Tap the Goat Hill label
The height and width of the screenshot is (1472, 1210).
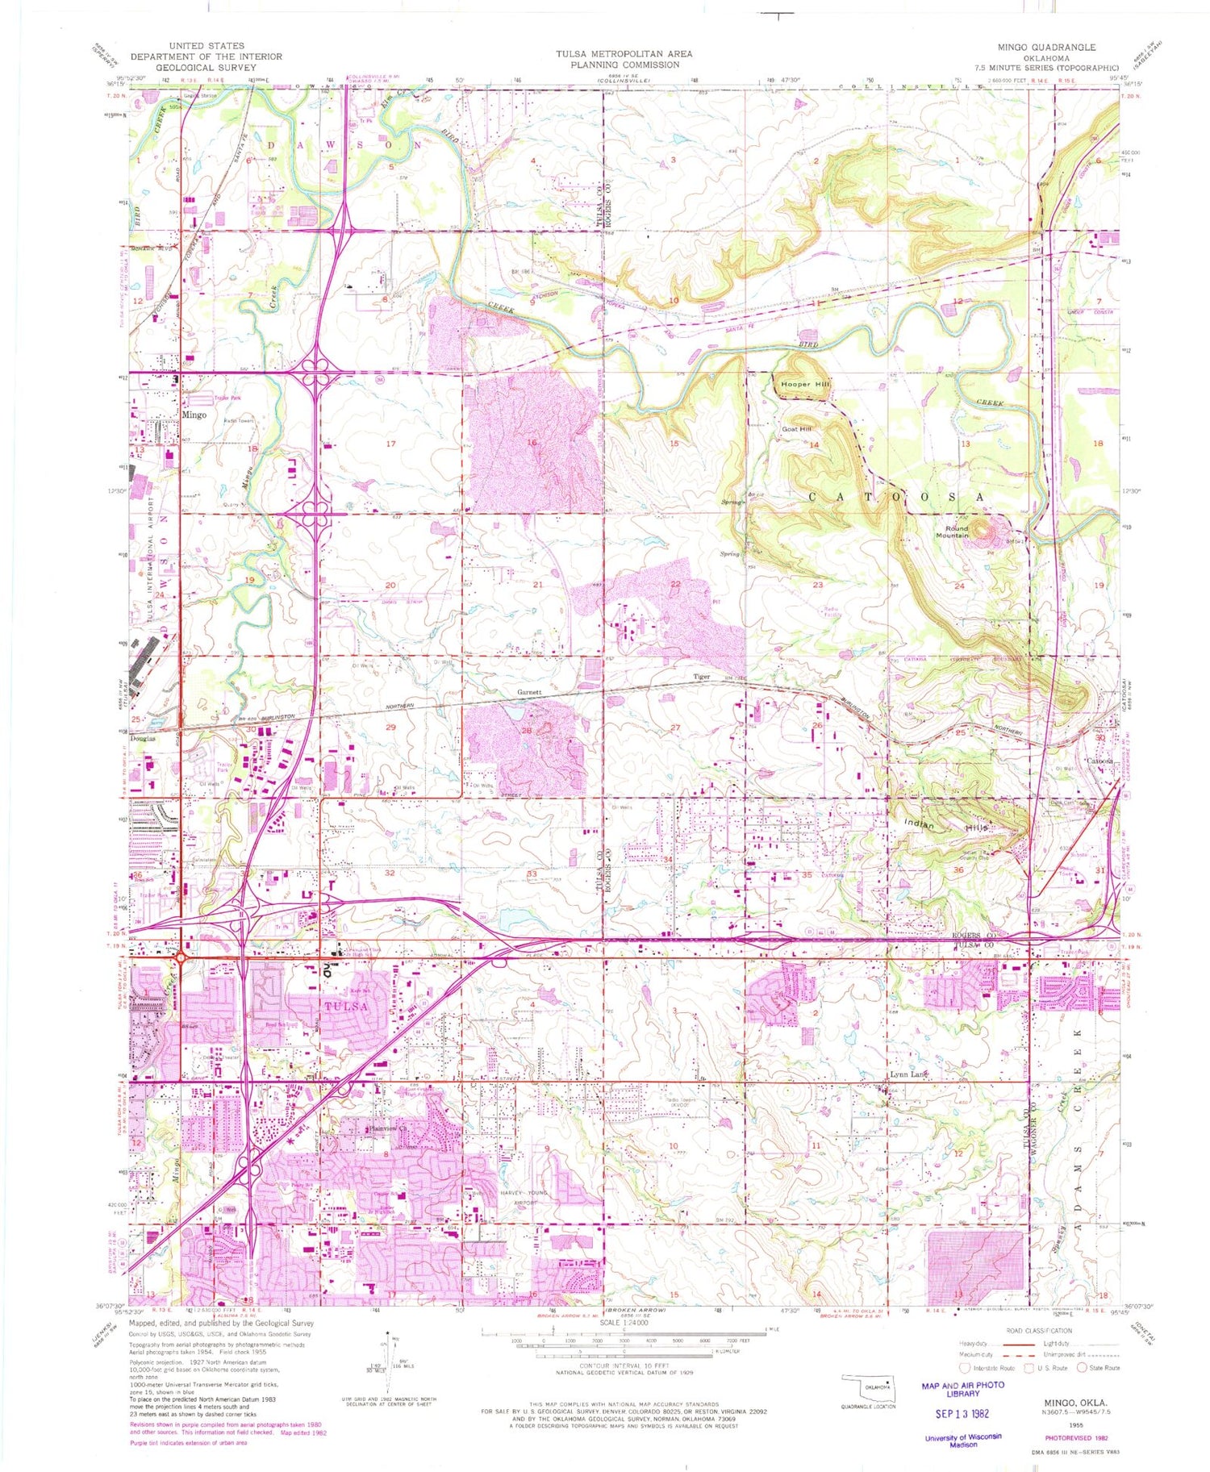(x=795, y=429)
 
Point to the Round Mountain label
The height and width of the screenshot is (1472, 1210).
(x=952, y=532)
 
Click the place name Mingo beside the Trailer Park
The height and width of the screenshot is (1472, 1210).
(x=194, y=415)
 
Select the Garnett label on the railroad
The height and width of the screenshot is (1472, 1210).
(x=529, y=693)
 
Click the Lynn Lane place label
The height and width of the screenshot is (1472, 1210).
(x=908, y=1074)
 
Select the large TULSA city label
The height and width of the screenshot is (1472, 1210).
(x=346, y=1007)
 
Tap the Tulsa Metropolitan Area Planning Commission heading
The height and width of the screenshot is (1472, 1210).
(x=623, y=59)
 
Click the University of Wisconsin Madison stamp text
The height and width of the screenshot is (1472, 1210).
(x=963, y=1441)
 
